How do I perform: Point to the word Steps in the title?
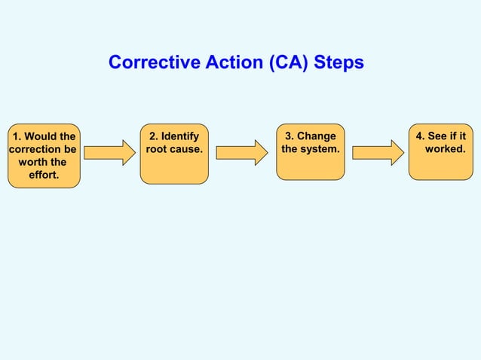coord(339,63)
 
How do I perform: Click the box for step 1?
coord(44,155)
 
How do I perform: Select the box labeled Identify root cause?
coord(174,153)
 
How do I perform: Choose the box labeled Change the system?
coord(310,151)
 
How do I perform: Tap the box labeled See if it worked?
coord(441,151)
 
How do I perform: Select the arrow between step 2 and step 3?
coord(242,153)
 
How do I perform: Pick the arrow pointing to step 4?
coord(378,153)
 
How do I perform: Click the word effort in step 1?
coord(44,175)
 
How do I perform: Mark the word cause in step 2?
coord(188,149)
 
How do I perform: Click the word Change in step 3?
coord(316,136)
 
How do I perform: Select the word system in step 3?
coord(321,149)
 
